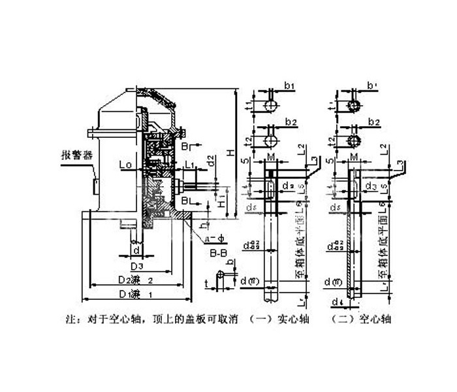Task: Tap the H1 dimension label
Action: tap(222, 197)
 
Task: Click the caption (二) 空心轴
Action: tap(362, 321)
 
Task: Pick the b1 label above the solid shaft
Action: tap(291, 86)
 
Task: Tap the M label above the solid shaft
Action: tap(270, 158)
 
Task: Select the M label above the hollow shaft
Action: tap(353, 158)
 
